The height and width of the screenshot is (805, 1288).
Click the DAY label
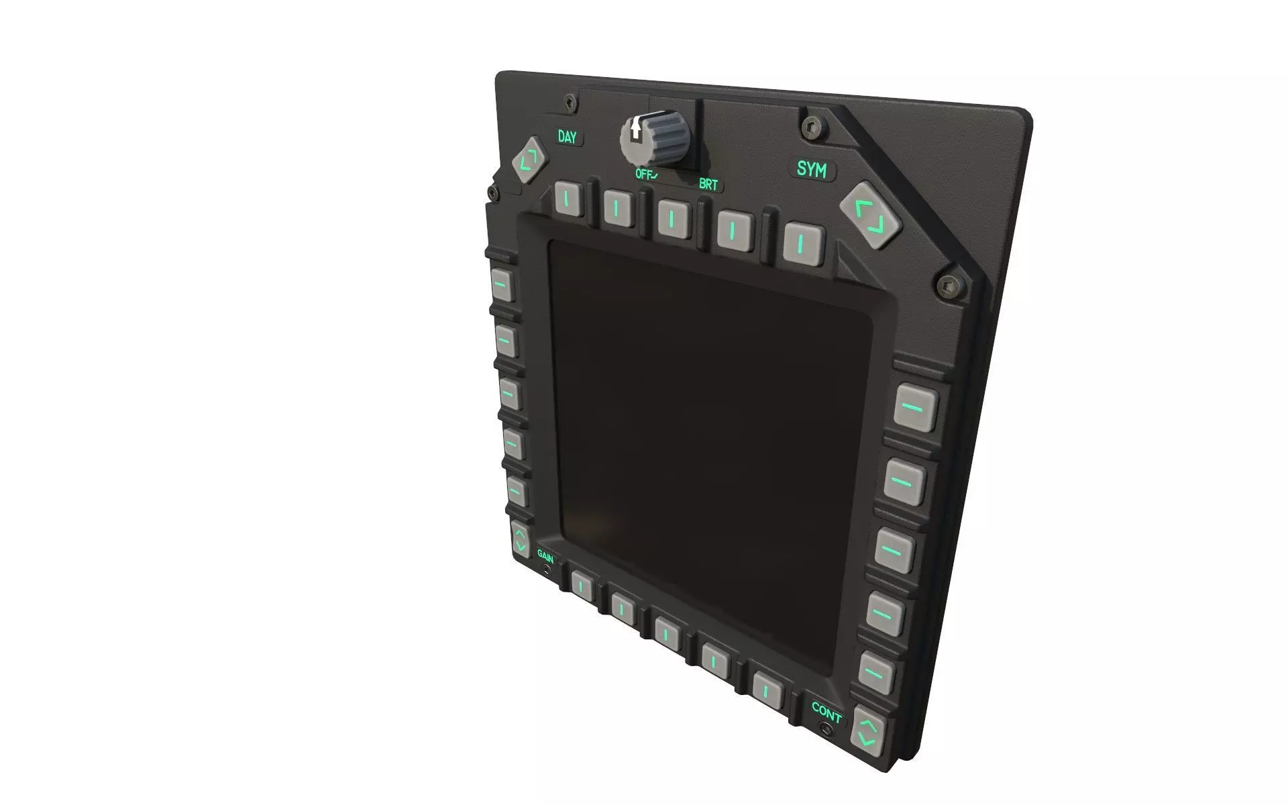(x=567, y=138)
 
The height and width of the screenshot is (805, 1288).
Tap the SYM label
(x=811, y=169)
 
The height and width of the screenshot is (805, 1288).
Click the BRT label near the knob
(x=708, y=184)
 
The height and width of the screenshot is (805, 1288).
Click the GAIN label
(x=545, y=555)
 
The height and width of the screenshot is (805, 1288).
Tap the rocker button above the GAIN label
(x=521, y=538)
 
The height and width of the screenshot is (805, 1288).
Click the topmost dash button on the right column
(x=916, y=408)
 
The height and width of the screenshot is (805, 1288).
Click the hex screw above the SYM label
(x=810, y=127)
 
